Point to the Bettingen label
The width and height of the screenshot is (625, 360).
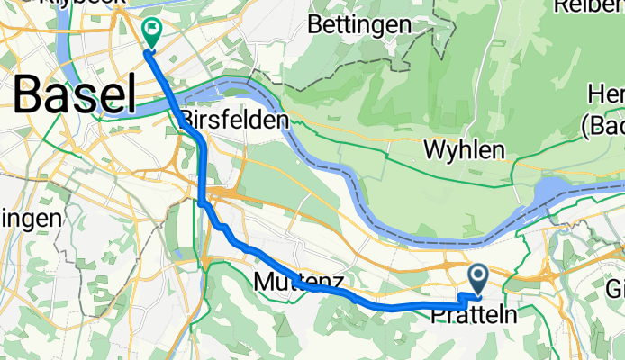pos(359,24)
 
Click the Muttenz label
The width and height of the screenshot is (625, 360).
pos(298,283)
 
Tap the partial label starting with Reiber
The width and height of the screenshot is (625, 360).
pos(590,6)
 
